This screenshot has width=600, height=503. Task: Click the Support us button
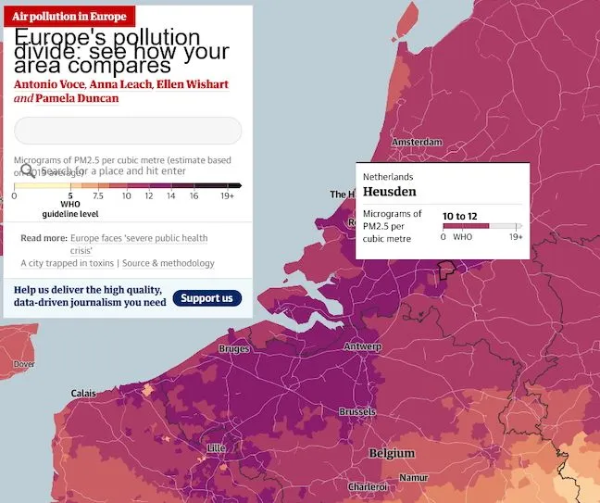point(206,298)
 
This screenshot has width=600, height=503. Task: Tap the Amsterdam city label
point(417,142)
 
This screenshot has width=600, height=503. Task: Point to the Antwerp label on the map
point(362,346)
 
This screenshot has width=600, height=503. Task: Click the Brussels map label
point(356,411)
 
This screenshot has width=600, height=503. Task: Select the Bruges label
point(233,349)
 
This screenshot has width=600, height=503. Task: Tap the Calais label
point(83,394)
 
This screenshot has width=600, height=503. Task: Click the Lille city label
point(217,448)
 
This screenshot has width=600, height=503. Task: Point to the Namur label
point(414,477)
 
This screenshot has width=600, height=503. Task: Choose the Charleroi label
point(367,486)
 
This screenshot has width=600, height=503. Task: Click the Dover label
point(23,364)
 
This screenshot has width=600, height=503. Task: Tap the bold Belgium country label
point(392,454)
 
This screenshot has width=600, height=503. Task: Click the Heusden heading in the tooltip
point(389,192)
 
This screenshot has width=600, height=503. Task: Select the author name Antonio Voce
point(48,85)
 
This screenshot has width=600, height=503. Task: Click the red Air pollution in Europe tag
point(69,17)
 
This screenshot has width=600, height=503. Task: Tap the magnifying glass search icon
point(27,170)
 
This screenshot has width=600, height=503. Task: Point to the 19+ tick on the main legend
point(227,195)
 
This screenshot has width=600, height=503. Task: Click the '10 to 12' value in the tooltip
point(459,216)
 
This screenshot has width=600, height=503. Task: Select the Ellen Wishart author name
point(192,85)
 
